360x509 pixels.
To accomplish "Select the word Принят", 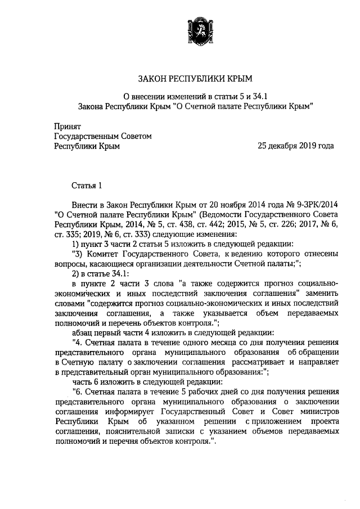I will [67, 127].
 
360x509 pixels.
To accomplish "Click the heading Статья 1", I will [87, 184].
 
